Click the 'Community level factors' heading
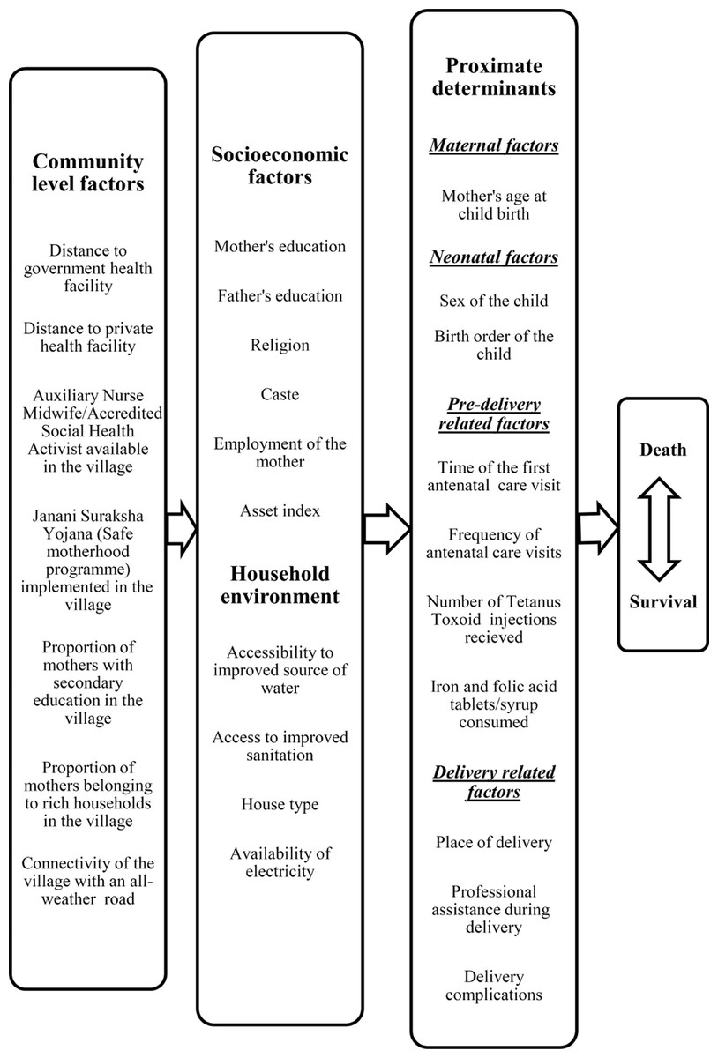pyautogui.click(x=88, y=173)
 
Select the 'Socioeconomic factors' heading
pyautogui.click(x=280, y=166)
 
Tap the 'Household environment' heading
pyautogui.click(x=280, y=585)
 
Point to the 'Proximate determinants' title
pyautogui.click(x=494, y=77)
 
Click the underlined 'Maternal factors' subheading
pyautogui.click(x=494, y=145)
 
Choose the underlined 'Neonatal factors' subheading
pyautogui.click(x=494, y=257)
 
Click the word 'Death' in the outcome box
pyautogui.click(x=662, y=450)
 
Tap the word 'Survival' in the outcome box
pyautogui.click(x=662, y=601)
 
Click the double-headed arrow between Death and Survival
pyautogui.click(x=659, y=529)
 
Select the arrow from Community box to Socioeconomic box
pyautogui.click(x=182, y=529)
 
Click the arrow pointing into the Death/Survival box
pyautogui.click(x=598, y=527)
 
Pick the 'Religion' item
pyautogui.click(x=280, y=345)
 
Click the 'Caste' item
pyautogui.click(x=280, y=394)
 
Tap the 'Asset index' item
pyautogui.click(x=280, y=510)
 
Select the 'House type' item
pyautogui.click(x=280, y=804)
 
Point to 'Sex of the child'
pyautogui.click(x=494, y=301)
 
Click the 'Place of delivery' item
pyautogui.click(x=494, y=842)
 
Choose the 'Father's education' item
pyautogui.click(x=280, y=295)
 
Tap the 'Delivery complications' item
pyautogui.click(x=494, y=986)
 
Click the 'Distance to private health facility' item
pyautogui.click(x=88, y=337)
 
